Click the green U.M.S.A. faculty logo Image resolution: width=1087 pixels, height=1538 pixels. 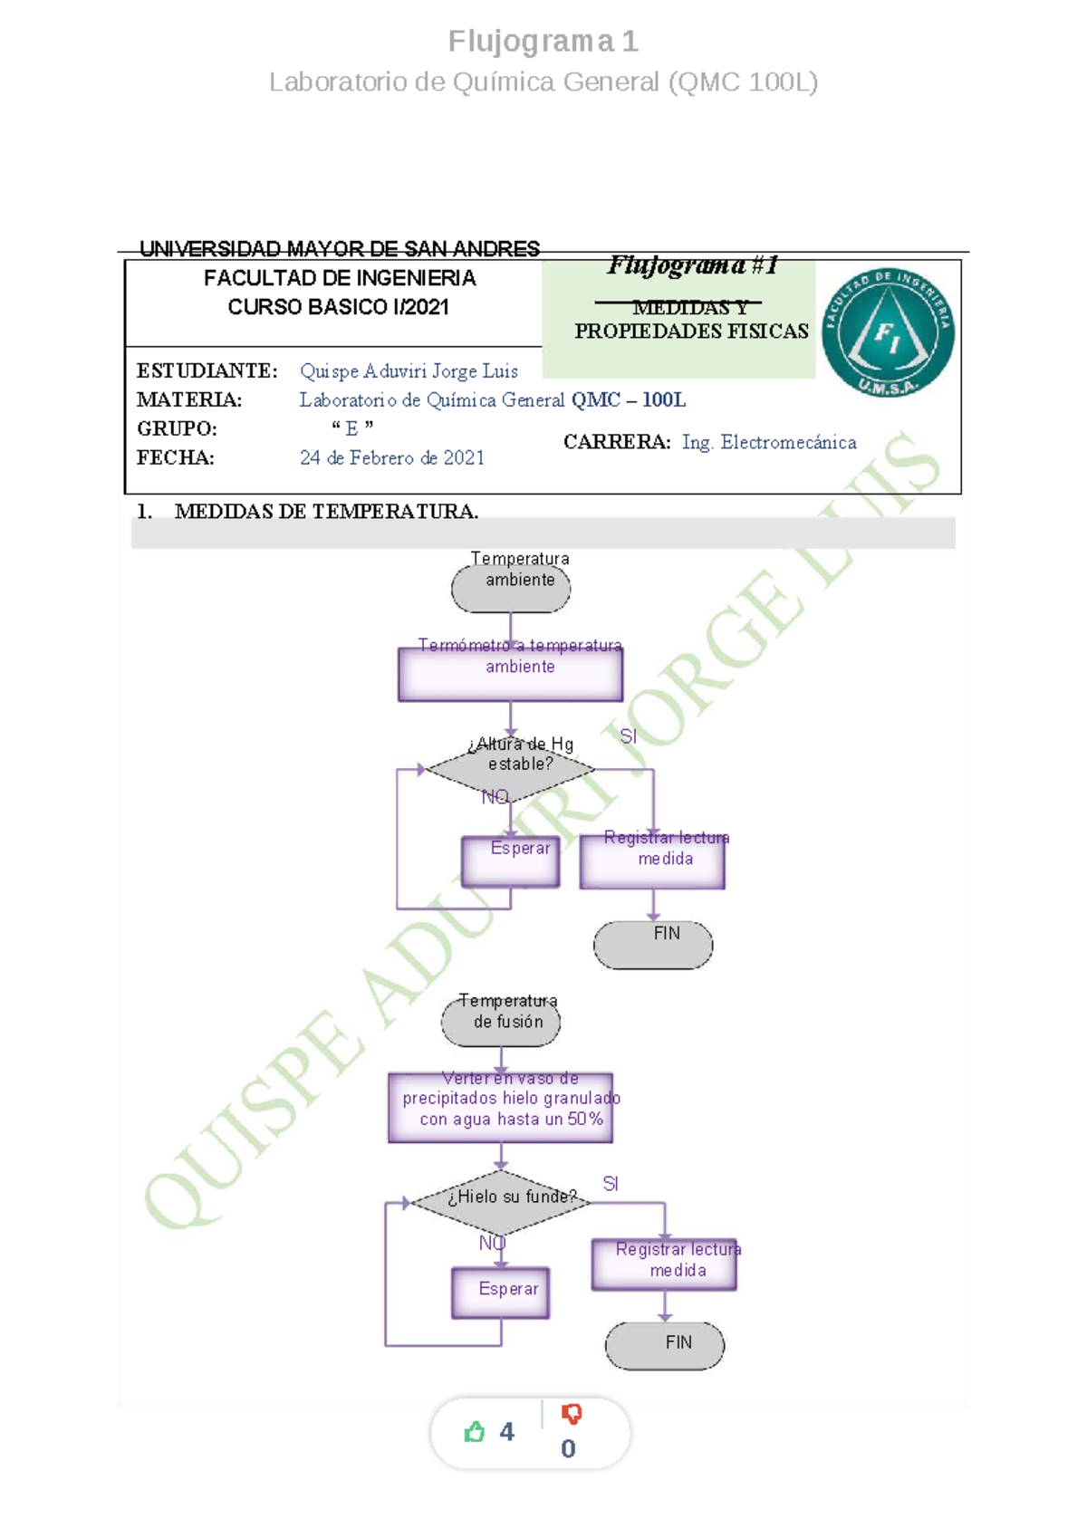pyautogui.click(x=888, y=332)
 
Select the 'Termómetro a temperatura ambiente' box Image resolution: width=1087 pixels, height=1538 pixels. pyautogui.click(x=510, y=675)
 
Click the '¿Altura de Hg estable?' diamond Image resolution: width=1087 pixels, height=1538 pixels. pyautogui.click(x=509, y=769)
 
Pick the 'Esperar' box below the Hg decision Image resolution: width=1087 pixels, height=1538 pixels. pyautogui.click(x=510, y=861)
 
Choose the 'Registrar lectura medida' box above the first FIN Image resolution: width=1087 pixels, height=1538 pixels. pyautogui.click(x=652, y=862)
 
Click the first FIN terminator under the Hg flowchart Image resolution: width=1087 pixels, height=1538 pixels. pyautogui.click(x=653, y=945)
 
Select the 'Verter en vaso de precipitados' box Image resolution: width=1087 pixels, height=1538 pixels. pyautogui.click(x=501, y=1108)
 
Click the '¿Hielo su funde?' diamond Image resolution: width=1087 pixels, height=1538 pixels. pyautogui.click(x=500, y=1202)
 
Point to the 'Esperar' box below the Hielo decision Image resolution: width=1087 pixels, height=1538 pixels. pyautogui.click(x=501, y=1293)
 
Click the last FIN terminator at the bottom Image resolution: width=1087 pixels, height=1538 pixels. pyautogui.click(x=665, y=1346)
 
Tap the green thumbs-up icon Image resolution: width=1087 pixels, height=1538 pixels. pyautogui.click(x=474, y=1432)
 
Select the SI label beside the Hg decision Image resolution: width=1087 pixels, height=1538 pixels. pyautogui.click(x=629, y=736)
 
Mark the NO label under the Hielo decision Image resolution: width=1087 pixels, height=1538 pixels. pyautogui.click(x=493, y=1243)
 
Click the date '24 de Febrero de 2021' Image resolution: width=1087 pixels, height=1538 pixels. pyautogui.click(x=392, y=457)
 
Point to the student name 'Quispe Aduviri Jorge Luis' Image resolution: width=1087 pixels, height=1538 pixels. pyautogui.click(x=409, y=371)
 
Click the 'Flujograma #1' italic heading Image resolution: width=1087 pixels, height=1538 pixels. pyautogui.click(x=692, y=265)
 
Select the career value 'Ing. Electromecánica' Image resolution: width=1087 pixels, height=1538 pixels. pyautogui.click(x=769, y=442)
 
